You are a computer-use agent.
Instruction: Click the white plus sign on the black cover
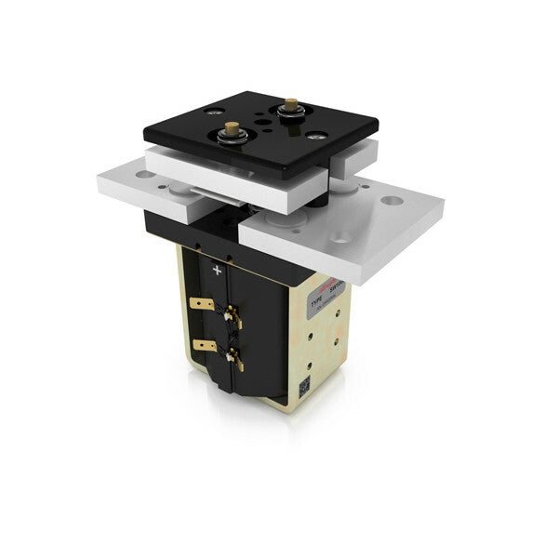click(217, 271)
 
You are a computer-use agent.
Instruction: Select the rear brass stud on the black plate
click(290, 105)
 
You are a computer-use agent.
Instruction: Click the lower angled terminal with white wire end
click(235, 358)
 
